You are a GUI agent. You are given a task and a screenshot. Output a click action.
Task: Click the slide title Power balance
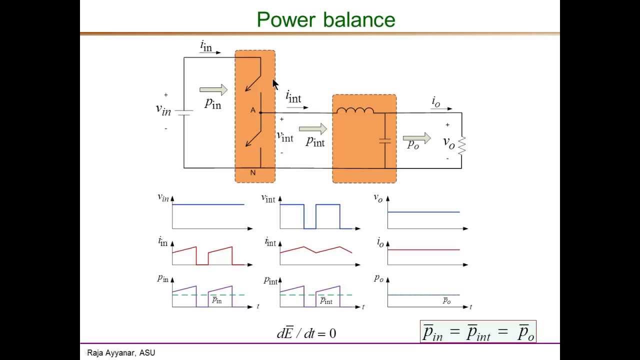click(x=326, y=19)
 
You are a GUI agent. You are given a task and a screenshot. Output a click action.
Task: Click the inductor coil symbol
click(x=355, y=111)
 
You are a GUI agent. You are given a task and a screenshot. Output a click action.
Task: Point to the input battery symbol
click(x=184, y=112)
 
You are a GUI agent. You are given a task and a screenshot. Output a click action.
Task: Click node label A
click(x=253, y=110)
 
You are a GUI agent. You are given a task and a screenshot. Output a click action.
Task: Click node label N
click(x=253, y=173)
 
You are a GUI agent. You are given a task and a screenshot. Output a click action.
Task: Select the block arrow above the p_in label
click(x=213, y=90)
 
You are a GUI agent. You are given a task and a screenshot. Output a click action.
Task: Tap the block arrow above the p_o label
click(x=417, y=138)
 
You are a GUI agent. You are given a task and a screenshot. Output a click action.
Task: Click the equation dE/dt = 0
click(x=306, y=333)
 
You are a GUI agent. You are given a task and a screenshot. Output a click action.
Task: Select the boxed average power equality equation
click(x=478, y=332)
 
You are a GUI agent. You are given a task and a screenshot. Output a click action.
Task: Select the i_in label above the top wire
click(x=206, y=46)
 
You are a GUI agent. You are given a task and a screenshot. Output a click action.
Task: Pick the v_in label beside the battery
click(x=163, y=109)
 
